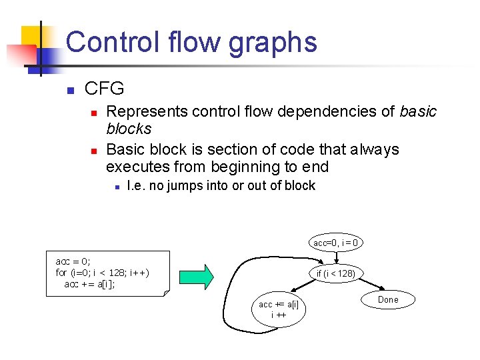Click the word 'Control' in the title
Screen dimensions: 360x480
point(110,42)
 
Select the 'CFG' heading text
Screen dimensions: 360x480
point(105,89)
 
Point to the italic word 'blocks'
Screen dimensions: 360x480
point(129,129)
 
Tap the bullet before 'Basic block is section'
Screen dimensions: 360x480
point(94,150)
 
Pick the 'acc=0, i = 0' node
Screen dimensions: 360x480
point(336,243)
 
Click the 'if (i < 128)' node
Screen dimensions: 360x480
point(336,273)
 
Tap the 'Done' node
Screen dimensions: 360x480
point(388,300)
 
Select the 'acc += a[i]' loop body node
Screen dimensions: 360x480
point(279,309)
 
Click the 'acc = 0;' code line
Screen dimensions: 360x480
point(73,261)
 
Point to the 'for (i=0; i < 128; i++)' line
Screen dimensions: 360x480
point(102,273)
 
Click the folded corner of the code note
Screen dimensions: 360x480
point(167,291)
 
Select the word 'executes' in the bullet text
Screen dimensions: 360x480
point(133,167)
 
